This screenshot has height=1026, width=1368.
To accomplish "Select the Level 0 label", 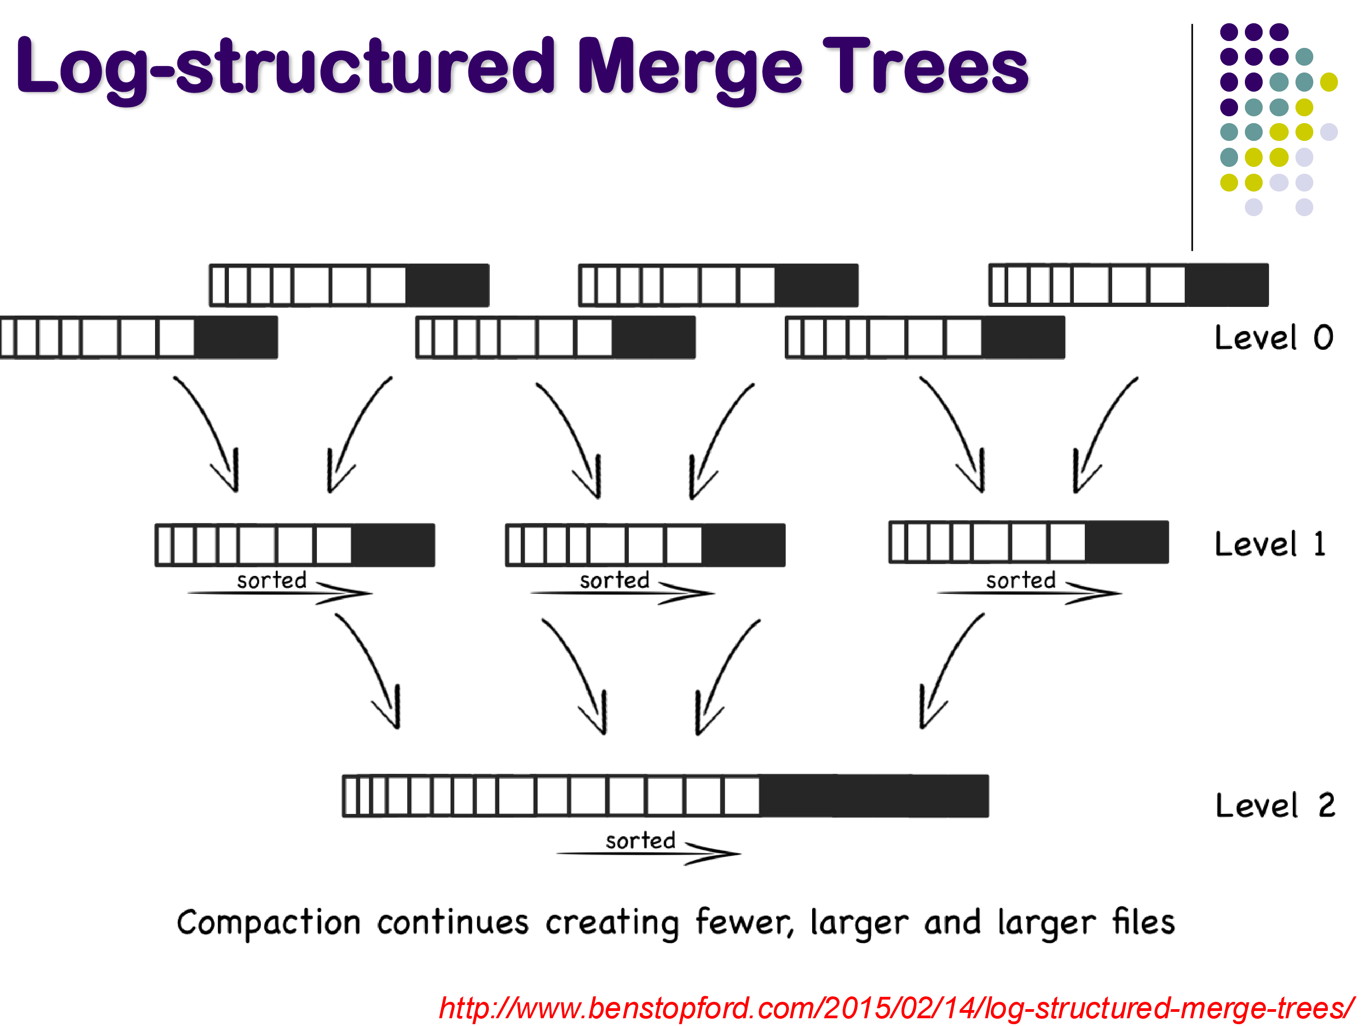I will (1273, 338).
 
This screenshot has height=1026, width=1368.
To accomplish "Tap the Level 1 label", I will (1270, 544).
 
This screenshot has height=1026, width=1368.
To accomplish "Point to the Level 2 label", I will (1275, 805).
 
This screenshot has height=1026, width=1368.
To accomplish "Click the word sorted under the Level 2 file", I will (640, 840).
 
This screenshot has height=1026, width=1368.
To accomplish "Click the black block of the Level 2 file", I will (873, 796).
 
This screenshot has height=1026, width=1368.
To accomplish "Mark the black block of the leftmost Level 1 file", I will (393, 545).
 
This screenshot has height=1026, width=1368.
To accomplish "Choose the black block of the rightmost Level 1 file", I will (1126, 542).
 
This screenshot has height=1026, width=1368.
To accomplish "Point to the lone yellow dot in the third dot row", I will (1328, 82).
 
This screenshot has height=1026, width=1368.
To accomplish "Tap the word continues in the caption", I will (453, 923).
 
